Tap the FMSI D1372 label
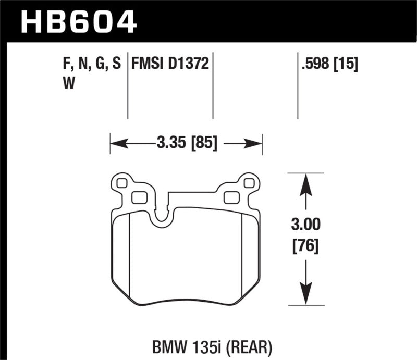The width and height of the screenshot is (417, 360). pos(170,65)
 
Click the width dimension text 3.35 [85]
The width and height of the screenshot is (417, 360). pos(186,142)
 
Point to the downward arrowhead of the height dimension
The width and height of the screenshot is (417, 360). pos(306,292)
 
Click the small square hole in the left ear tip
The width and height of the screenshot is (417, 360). pos(122,183)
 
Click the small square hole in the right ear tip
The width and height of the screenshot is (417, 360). pos(248,183)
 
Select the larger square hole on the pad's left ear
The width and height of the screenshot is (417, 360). pos(138,197)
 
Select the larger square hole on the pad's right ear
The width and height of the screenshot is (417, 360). pos(230,197)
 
